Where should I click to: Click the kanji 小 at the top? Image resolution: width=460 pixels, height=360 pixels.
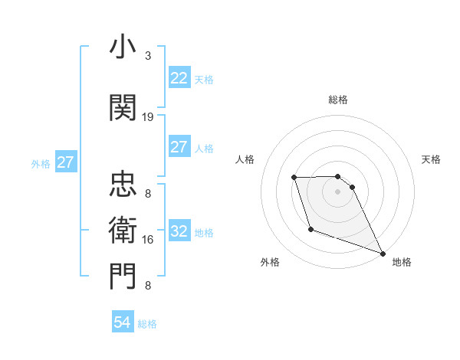click(123, 48)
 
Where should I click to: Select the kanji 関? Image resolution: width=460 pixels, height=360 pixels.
click(123, 109)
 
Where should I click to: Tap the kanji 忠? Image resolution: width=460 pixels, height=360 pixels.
click(123, 185)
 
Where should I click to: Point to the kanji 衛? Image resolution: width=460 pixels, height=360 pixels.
click(123, 230)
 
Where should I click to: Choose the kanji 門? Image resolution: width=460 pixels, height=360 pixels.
click(123, 277)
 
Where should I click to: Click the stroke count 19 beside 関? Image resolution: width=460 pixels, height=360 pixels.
click(148, 117)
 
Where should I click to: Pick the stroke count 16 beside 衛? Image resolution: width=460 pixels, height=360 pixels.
click(148, 240)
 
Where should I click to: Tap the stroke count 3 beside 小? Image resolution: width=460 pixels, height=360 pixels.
click(148, 56)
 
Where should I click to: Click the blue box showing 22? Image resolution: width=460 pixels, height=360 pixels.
click(179, 78)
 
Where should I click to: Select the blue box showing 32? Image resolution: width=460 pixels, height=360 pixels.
click(179, 231)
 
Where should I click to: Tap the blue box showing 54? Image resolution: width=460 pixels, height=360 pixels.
click(123, 323)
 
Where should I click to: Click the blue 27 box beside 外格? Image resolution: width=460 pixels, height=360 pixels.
click(65, 162)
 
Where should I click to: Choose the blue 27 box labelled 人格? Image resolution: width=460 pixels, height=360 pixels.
click(179, 147)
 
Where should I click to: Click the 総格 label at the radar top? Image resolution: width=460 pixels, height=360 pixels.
click(338, 100)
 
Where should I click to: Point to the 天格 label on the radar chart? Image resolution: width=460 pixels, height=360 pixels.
click(432, 159)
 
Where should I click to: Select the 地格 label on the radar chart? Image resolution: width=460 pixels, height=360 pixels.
click(402, 262)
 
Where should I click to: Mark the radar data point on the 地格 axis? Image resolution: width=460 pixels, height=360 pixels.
click(383, 253)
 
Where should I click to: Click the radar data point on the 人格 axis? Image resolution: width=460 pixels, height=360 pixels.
click(294, 178)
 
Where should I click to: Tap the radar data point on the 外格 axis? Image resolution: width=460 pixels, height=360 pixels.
click(310, 229)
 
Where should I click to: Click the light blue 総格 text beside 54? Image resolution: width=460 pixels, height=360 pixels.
click(147, 324)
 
